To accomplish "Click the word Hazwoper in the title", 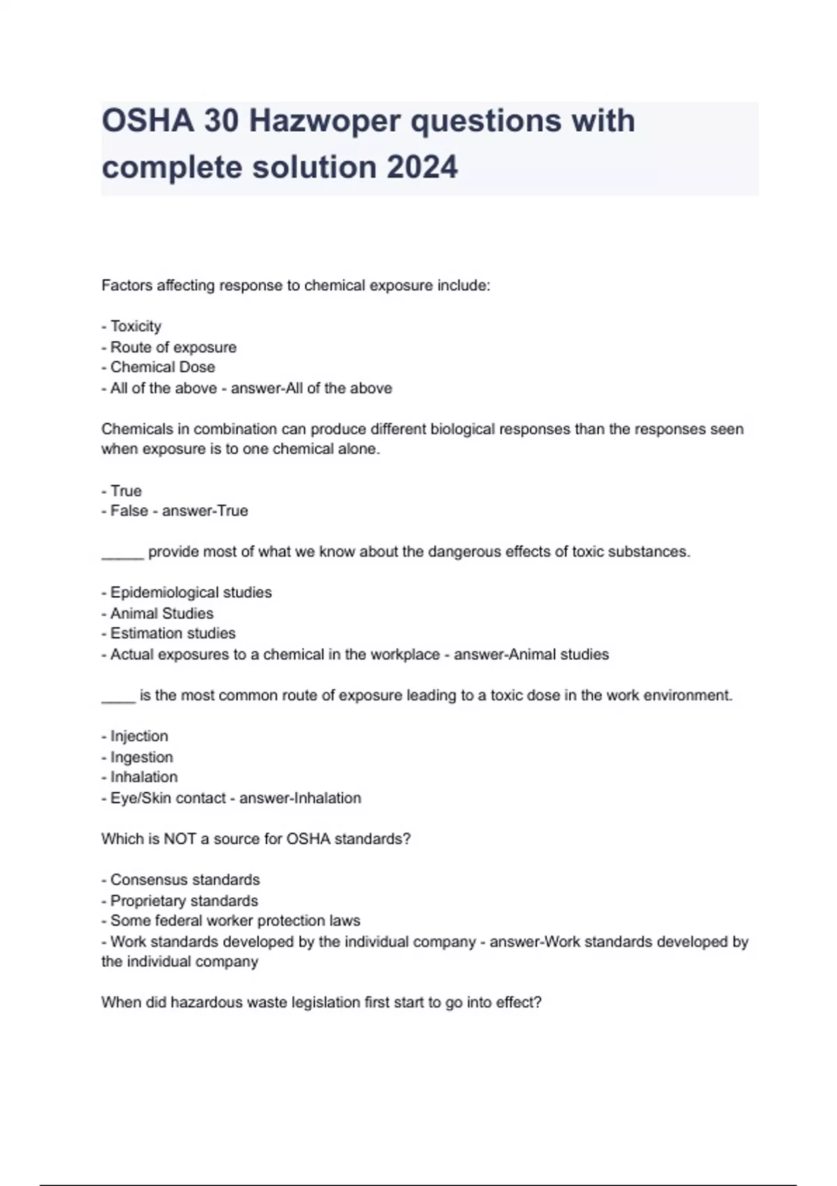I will [x=324, y=121].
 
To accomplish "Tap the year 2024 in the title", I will [x=421, y=167].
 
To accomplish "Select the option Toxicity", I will [x=135, y=326].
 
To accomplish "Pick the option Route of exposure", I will [x=173, y=347].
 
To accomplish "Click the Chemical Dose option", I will [x=163, y=367].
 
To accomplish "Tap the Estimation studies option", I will [x=172, y=633].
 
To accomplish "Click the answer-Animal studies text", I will [x=531, y=654].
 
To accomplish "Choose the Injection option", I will [x=139, y=736].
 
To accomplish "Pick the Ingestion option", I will [x=142, y=757].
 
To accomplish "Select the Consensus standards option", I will [x=185, y=880].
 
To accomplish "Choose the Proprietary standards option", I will [x=184, y=901].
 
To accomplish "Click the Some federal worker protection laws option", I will [x=235, y=921].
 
